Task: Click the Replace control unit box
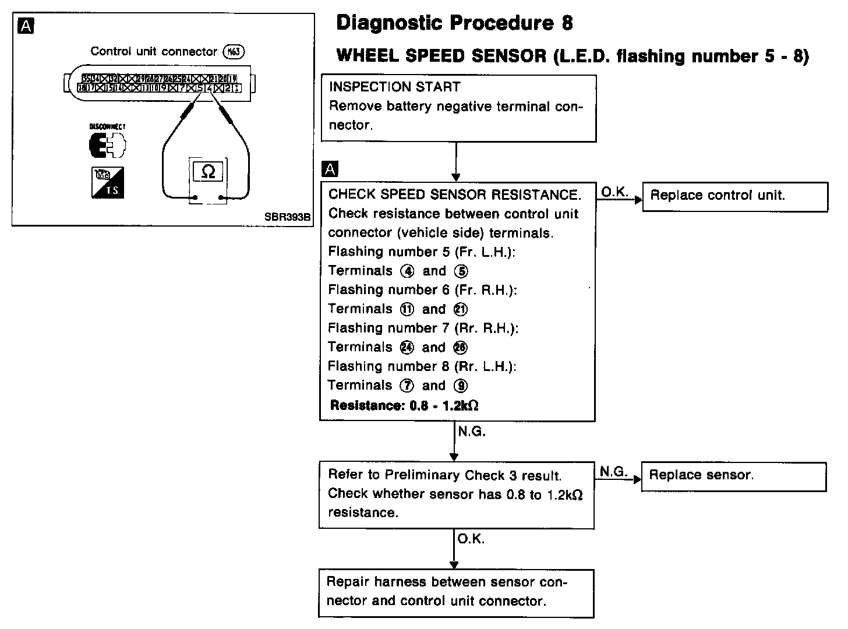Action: point(734,196)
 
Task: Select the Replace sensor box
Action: point(733,476)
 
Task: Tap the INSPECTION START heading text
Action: point(394,87)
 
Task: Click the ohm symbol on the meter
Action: point(207,171)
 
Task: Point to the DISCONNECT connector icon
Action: point(107,144)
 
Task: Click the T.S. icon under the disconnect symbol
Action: point(108,182)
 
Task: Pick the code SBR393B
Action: point(287,217)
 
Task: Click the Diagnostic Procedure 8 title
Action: point(454,23)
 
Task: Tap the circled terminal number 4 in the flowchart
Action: point(407,271)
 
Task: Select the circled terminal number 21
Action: point(460,310)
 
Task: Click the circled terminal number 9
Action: point(462,386)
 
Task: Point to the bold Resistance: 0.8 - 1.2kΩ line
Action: point(404,405)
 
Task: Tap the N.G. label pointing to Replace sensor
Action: point(613,472)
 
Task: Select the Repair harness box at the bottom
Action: point(455,592)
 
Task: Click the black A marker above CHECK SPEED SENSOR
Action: point(330,169)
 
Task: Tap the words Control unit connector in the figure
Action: point(153,52)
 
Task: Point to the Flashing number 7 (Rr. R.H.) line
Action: point(423,328)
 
